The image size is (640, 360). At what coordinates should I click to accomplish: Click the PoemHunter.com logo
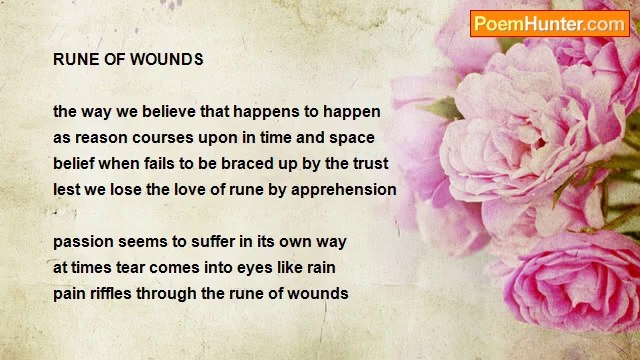[550, 23]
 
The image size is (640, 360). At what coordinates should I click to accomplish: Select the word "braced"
[257, 163]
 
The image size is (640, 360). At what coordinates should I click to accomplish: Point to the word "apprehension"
[343, 189]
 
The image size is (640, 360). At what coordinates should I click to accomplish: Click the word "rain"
[318, 268]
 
